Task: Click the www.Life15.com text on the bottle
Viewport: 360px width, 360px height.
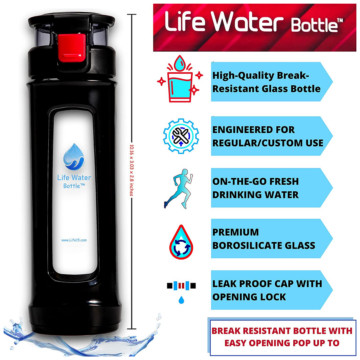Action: tap(74, 240)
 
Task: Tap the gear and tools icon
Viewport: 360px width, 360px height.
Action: tap(181, 136)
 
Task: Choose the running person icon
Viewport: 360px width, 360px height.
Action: tap(178, 189)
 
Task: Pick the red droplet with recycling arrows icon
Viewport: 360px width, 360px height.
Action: tap(181, 242)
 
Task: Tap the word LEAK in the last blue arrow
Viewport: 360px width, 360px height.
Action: tap(224, 284)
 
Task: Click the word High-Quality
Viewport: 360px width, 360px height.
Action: tap(243, 76)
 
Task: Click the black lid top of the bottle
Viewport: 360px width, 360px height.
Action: tap(71, 20)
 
